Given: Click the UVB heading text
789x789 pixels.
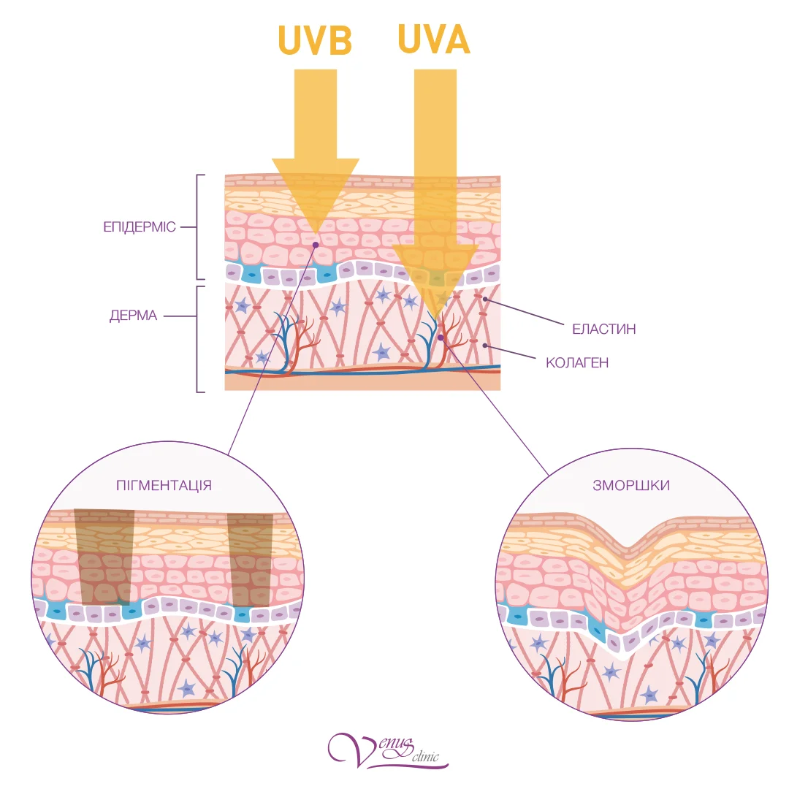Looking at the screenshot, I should coord(316,42).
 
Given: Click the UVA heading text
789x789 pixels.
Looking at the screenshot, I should coord(433,40).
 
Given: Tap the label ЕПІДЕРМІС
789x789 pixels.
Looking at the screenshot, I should coord(140,226).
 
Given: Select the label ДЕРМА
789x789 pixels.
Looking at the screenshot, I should coord(133,316).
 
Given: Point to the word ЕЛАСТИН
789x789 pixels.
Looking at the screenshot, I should coord(603,329).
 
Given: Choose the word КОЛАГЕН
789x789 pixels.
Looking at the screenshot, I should coord(577,362).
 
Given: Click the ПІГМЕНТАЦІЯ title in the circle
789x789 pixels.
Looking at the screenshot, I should coord(164,485).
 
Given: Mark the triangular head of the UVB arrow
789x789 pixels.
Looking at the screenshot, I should coord(316,191).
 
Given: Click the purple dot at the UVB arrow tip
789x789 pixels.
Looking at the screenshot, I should coord(315,243).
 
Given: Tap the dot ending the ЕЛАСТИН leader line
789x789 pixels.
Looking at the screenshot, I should coord(484,300).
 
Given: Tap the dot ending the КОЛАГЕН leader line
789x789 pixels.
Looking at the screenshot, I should coord(484,345).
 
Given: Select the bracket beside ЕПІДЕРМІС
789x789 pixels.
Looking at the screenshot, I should coord(199,227).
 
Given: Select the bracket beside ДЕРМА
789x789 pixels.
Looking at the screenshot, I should coord(199,339).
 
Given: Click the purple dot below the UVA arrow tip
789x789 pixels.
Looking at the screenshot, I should coord(440,338).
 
